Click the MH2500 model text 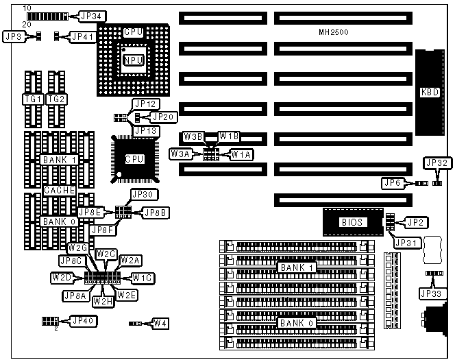[x=335, y=32]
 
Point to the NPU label [x=133, y=60]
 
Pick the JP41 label [x=83, y=36]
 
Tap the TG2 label [x=56, y=99]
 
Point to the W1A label [x=241, y=155]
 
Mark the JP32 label [x=436, y=163]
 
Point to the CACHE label [x=59, y=190]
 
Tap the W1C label [x=143, y=278]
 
